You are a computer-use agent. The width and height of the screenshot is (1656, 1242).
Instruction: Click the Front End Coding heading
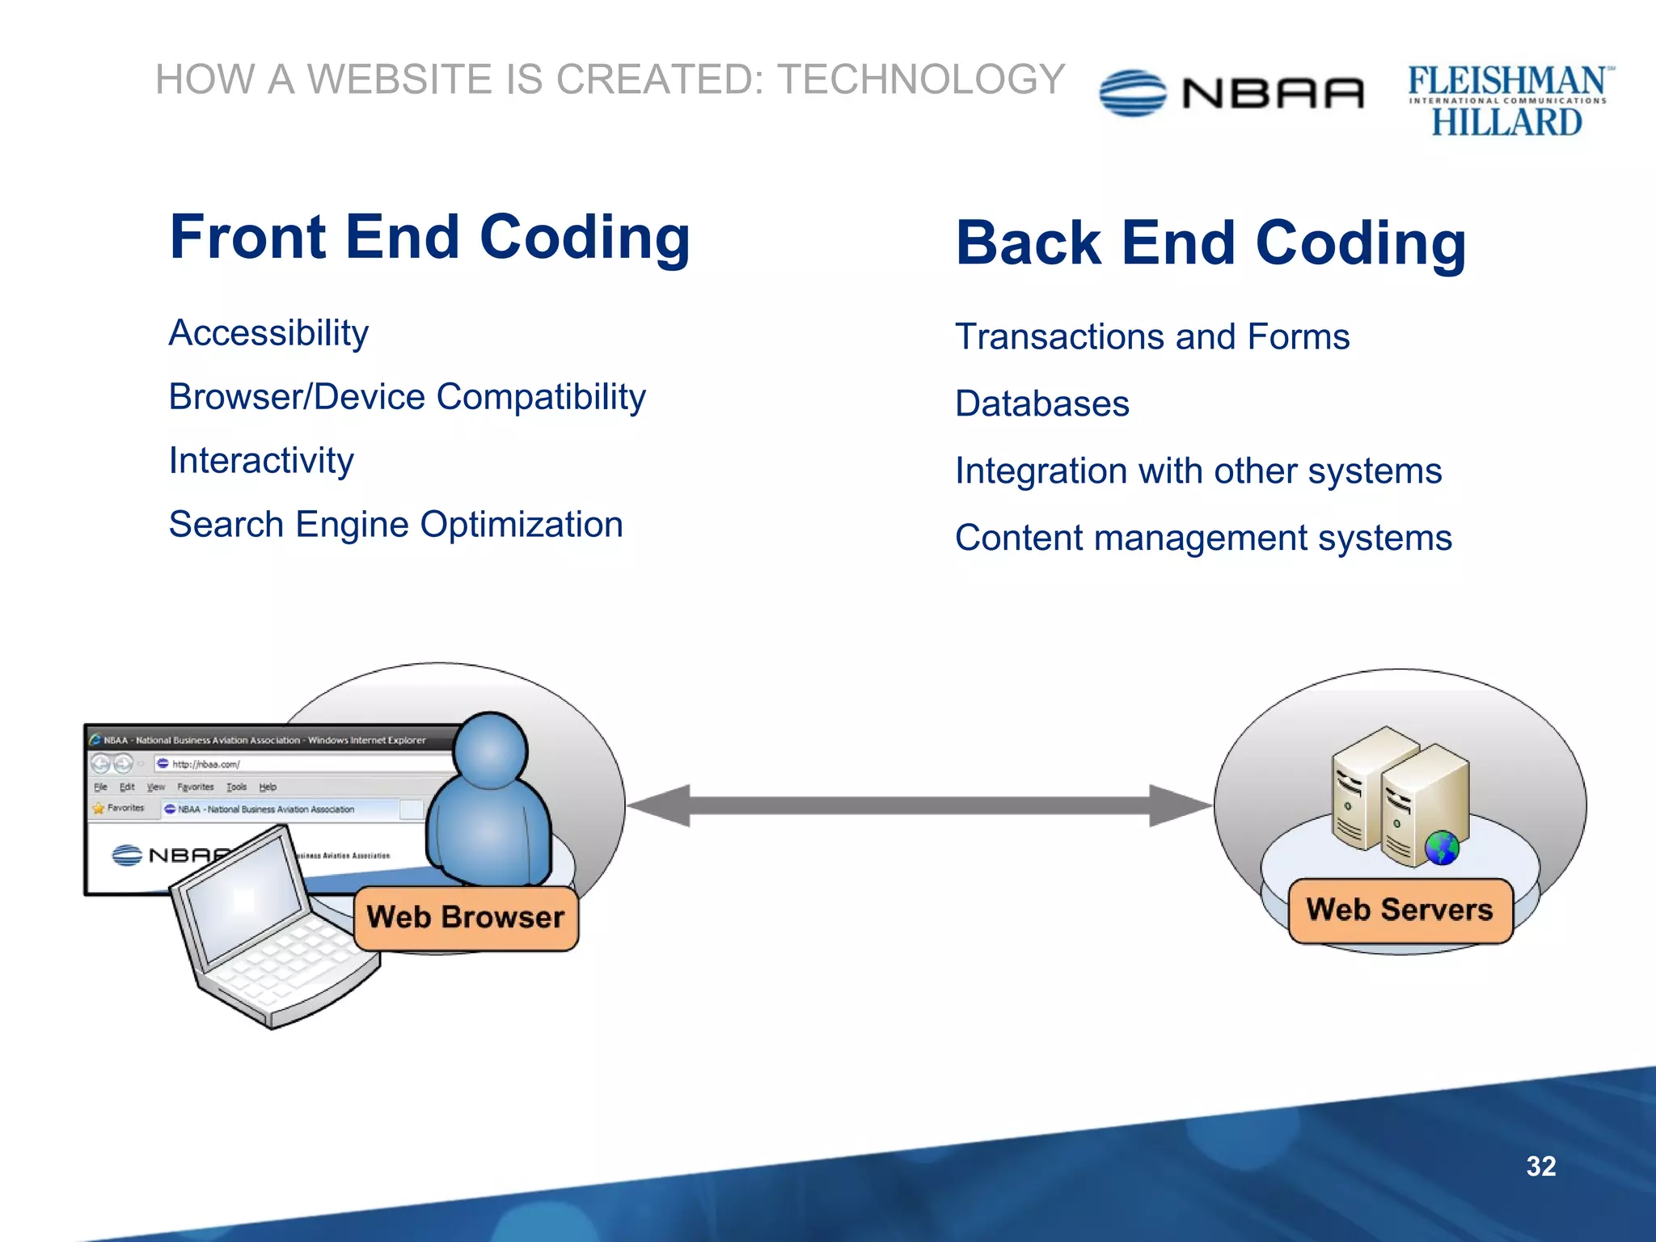[429, 238]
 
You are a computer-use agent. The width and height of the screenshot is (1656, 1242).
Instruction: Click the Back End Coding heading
[1210, 243]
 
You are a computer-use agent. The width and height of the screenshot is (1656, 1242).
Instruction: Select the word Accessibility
[268, 333]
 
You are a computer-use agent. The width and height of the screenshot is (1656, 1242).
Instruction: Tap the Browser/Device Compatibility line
[407, 397]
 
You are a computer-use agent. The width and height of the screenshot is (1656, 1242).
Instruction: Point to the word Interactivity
[261, 461]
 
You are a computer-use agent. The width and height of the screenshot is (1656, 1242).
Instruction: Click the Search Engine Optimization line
[395, 525]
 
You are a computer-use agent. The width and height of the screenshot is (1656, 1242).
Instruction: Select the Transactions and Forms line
[1151, 337]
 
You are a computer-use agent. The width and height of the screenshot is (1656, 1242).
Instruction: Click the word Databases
[1041, 404]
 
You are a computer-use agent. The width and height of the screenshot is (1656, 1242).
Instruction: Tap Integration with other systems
[1198, 471]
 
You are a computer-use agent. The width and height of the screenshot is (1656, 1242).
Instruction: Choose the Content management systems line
[1202, 539]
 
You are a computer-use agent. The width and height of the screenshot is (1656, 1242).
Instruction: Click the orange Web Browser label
[466, 917]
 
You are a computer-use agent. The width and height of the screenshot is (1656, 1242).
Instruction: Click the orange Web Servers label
[1399, 910]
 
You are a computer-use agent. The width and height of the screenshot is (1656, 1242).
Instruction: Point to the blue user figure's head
[490, 750]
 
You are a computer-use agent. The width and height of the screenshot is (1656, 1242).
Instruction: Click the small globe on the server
[1442, 848]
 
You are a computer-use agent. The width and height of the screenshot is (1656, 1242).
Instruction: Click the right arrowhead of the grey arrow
[1177, 805]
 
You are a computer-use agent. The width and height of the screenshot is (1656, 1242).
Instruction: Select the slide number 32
[1540, 1166]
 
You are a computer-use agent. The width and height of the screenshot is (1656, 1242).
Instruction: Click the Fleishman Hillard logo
[1508, 101]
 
